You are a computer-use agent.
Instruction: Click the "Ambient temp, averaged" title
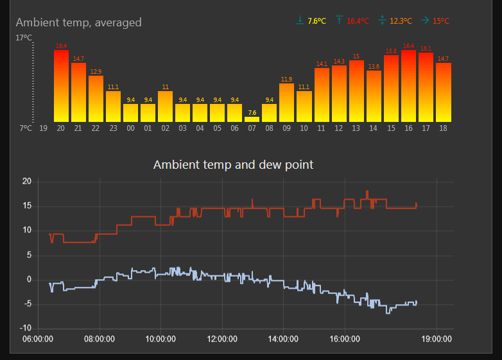pos(78,22)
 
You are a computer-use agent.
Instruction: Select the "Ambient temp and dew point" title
pos(233,164)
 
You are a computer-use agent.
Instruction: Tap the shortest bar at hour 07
pos(252,119)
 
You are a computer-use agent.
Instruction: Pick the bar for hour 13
pos(356,91)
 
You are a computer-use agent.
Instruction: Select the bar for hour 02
pos(165,107)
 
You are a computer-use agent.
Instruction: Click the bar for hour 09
pos(286,103)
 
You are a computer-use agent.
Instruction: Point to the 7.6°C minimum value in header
pos(316,21)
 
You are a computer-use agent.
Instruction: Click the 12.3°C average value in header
pos(401,21)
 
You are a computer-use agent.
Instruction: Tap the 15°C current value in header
pos(441,21)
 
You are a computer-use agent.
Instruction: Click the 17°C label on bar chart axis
pos(24,39)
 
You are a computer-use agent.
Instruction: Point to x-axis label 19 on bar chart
pos(44,128)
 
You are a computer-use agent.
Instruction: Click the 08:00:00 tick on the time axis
pos(100,339)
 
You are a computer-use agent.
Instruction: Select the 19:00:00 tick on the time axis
pos(437,339)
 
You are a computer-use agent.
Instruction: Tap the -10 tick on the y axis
pos(26,329)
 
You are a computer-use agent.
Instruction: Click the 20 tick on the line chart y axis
pos(27,182)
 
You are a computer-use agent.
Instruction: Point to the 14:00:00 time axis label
pos(283,339)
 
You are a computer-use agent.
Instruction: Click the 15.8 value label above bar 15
pos(391,51)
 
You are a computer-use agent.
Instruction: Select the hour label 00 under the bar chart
pos(130,128)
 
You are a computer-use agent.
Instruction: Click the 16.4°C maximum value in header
pos(358,21)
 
